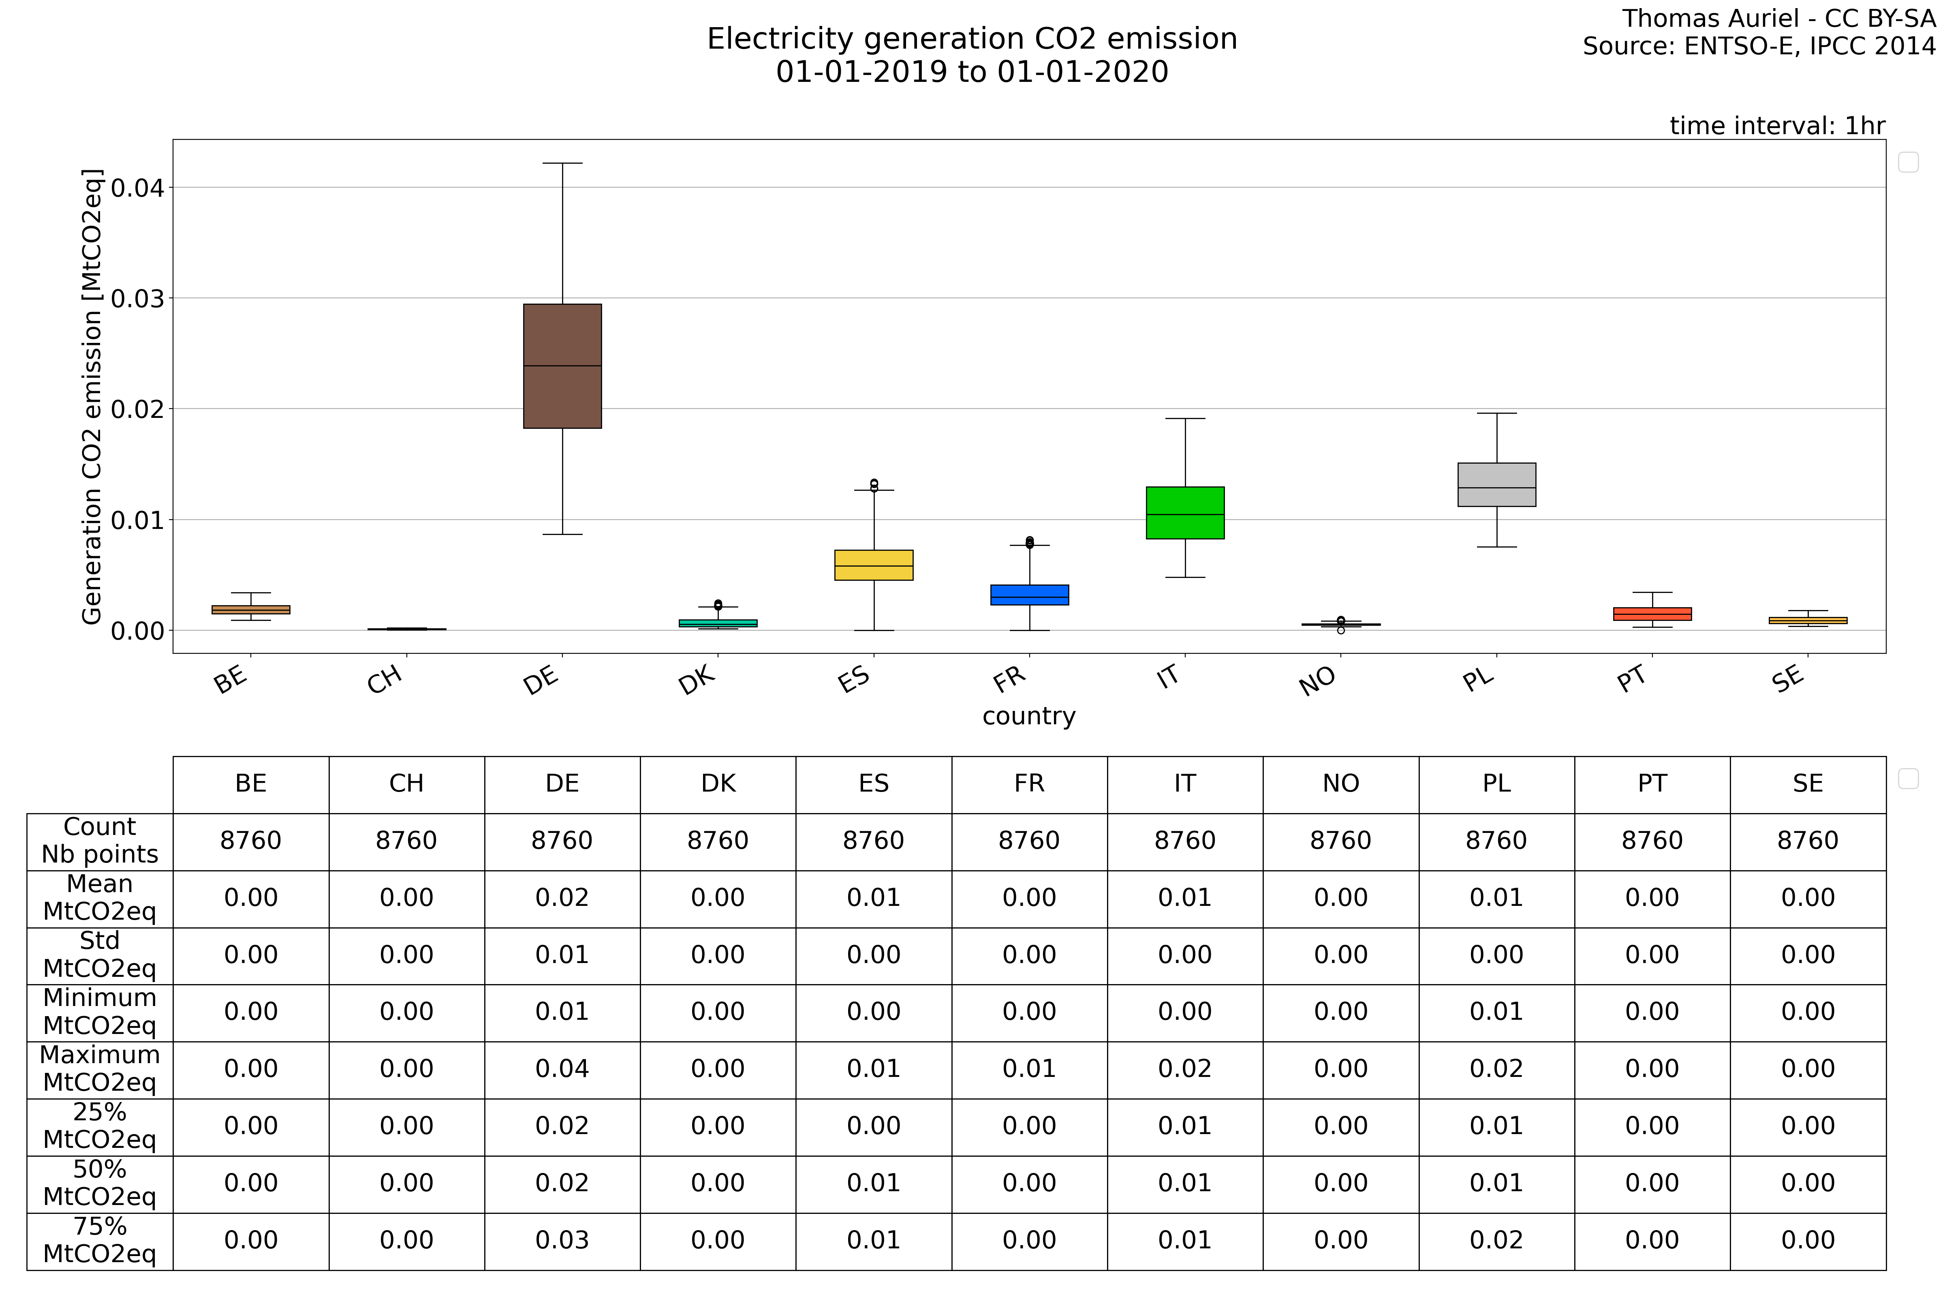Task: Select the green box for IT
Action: (x=1185, y=513)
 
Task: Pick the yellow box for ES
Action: (x=874, y=565)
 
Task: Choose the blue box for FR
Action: (x=1030, y=595)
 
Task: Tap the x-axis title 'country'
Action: (x=1029, y=716)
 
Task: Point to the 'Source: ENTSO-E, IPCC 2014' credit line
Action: (x=1759, y=46)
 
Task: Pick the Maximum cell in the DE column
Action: (x=562, y=1069)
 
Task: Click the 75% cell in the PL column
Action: (x=1497, y=1241)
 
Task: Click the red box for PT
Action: (x=1652, y=614)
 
